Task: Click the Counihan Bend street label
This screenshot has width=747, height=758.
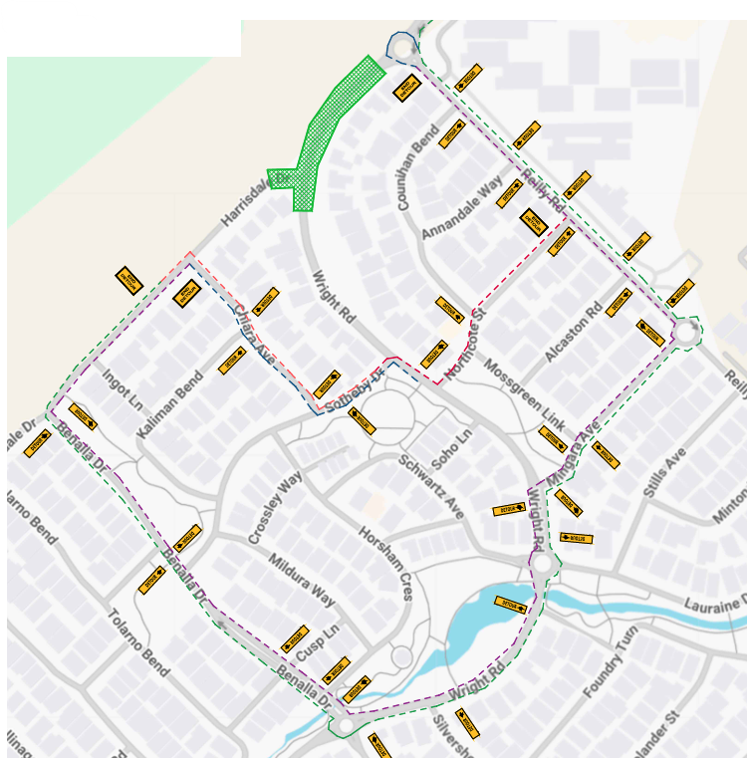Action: tap(417, 166)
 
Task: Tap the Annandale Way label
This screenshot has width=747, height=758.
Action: tap(463, 207)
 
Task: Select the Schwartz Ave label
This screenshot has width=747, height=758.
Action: tap(431, 486)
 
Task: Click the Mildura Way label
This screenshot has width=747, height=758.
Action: tap(301, 580)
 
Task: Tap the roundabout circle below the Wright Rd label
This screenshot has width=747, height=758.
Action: tap(542, 564)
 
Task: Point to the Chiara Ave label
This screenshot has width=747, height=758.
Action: tap(253, 330)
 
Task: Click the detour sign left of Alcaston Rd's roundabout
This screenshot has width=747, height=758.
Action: tap(649, 333)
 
